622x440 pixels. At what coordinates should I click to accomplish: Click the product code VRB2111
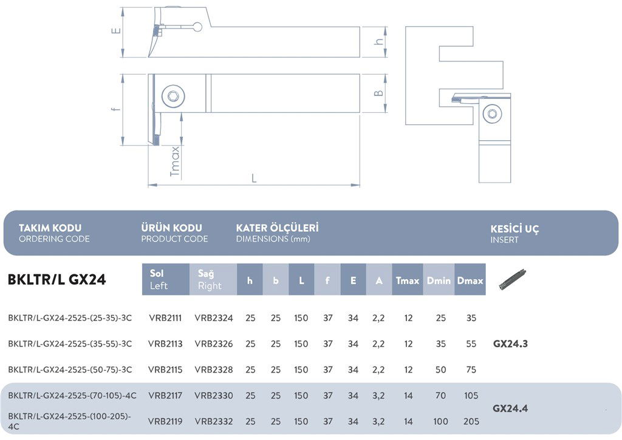tap(165, 318)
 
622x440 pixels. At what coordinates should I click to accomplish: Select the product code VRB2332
tap(214, 421)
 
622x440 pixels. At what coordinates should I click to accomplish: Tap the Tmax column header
tap(408, 280)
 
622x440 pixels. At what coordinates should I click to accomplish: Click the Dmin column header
tap(439, 280)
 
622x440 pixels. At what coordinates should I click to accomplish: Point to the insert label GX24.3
tap(510, 344)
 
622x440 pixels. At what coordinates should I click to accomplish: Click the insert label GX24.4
tap(510, 408)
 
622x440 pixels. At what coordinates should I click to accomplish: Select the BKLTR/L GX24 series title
tap(56, 280)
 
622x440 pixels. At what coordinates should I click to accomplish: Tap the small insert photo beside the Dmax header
tap(512, 279)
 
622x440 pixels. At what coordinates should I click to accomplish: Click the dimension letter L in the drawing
tap(254, 178)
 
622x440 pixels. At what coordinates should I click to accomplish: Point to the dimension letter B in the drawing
tap(378, 93)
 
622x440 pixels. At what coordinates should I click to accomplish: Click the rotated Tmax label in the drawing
tap(175, 161)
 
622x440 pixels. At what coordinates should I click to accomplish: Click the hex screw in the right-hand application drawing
tap(492, 113)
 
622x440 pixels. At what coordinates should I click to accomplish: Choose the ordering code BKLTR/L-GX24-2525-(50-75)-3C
tap(70, 370)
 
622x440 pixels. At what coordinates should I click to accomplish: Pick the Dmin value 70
tap(440, 396)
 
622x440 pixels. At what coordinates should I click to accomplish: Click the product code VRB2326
tap(214, 344)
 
